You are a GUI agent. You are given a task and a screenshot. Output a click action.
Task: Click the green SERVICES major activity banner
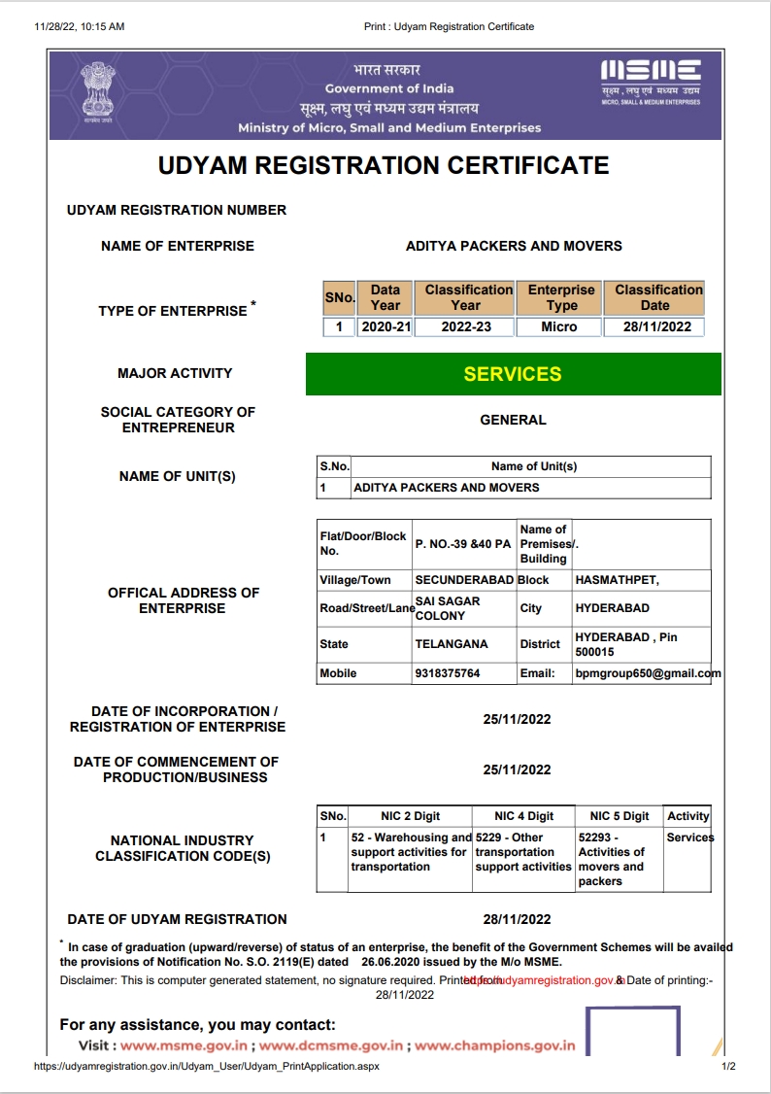click(x=513, y=374)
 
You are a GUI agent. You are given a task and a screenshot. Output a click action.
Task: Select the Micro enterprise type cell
click(x=559, y=326)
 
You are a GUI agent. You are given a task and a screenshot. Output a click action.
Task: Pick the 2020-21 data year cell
click(x=385, y=326)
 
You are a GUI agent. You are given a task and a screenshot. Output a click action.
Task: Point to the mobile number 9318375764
click(x=448, y=673)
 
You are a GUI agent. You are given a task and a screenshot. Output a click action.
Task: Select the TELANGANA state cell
click(x=452, y=644)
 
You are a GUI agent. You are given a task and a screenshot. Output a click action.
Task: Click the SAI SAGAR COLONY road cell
click(x=448, y=608)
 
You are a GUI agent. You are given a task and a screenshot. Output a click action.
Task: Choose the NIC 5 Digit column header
click(x=620, y=816)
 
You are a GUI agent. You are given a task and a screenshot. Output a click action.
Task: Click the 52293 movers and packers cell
click(x=612, y=859)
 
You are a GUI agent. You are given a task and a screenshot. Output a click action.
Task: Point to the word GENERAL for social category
click(x=513, y=420)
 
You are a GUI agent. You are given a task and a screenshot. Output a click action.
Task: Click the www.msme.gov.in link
click(x=184, y=1046)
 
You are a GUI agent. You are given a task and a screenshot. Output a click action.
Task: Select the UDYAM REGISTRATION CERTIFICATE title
click(x=384, y=165)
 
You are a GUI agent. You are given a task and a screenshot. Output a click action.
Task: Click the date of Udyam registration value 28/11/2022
click(x=517, y=919)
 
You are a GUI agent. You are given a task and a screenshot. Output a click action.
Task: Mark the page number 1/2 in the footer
click(x=728, y=1066)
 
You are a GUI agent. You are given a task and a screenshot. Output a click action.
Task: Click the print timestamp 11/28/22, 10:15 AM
click(x=80, y=26)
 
